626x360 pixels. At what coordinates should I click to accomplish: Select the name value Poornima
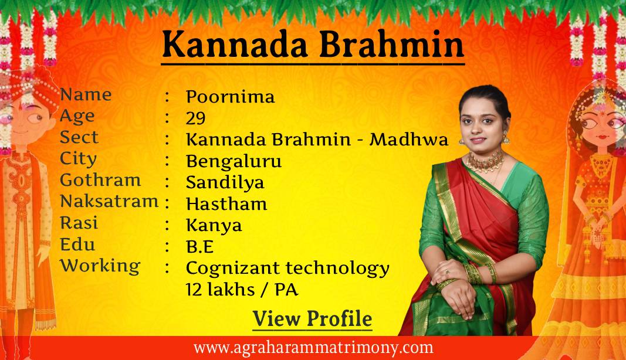point(230,97)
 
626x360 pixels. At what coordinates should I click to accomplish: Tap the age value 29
point(195,118)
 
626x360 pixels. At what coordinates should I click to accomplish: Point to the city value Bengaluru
point(234,161)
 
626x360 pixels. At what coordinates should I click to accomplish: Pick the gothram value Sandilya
point(225,182)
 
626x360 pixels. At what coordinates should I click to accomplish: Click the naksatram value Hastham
point(226,204)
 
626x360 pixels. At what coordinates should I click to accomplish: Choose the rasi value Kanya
point(214,225)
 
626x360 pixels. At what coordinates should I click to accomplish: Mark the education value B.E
point(199,247)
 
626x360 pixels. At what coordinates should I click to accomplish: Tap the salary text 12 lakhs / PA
point(243,290)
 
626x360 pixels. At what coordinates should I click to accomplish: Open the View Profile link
point(312,320)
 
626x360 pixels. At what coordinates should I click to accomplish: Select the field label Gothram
point(100,180)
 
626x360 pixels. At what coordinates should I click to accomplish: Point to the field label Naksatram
point(109,201)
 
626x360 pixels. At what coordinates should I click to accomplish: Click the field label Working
point(100,266)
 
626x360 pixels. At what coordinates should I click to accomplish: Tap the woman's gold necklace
point(485,161)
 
